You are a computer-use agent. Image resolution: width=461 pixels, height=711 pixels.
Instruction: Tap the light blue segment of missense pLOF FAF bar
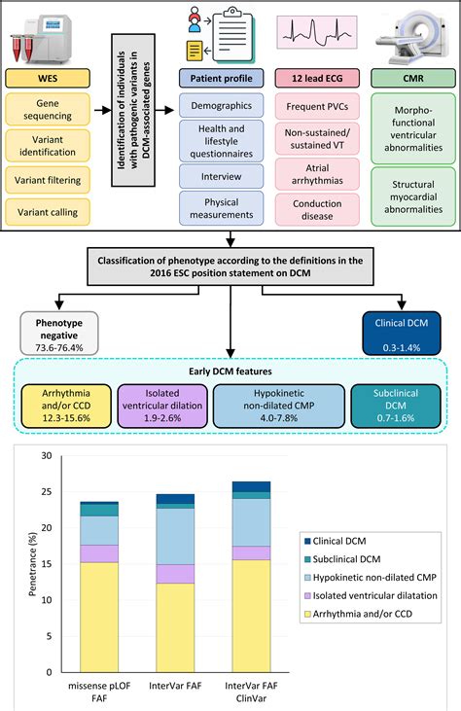tap(99, 530)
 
